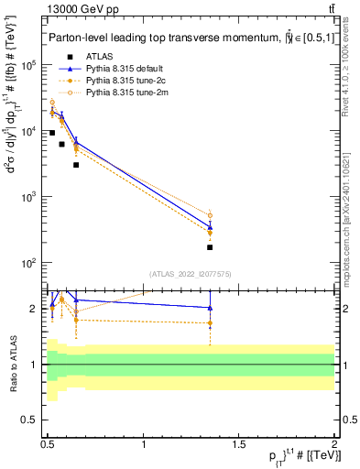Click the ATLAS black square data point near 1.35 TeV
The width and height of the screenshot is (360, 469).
(x=210, y=247)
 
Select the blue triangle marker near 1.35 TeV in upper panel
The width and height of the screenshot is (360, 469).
(x=210, y=227)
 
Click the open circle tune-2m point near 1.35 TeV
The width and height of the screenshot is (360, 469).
(x=210, y=216)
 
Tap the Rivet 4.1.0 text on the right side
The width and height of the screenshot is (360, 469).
(x=345, y=73)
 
